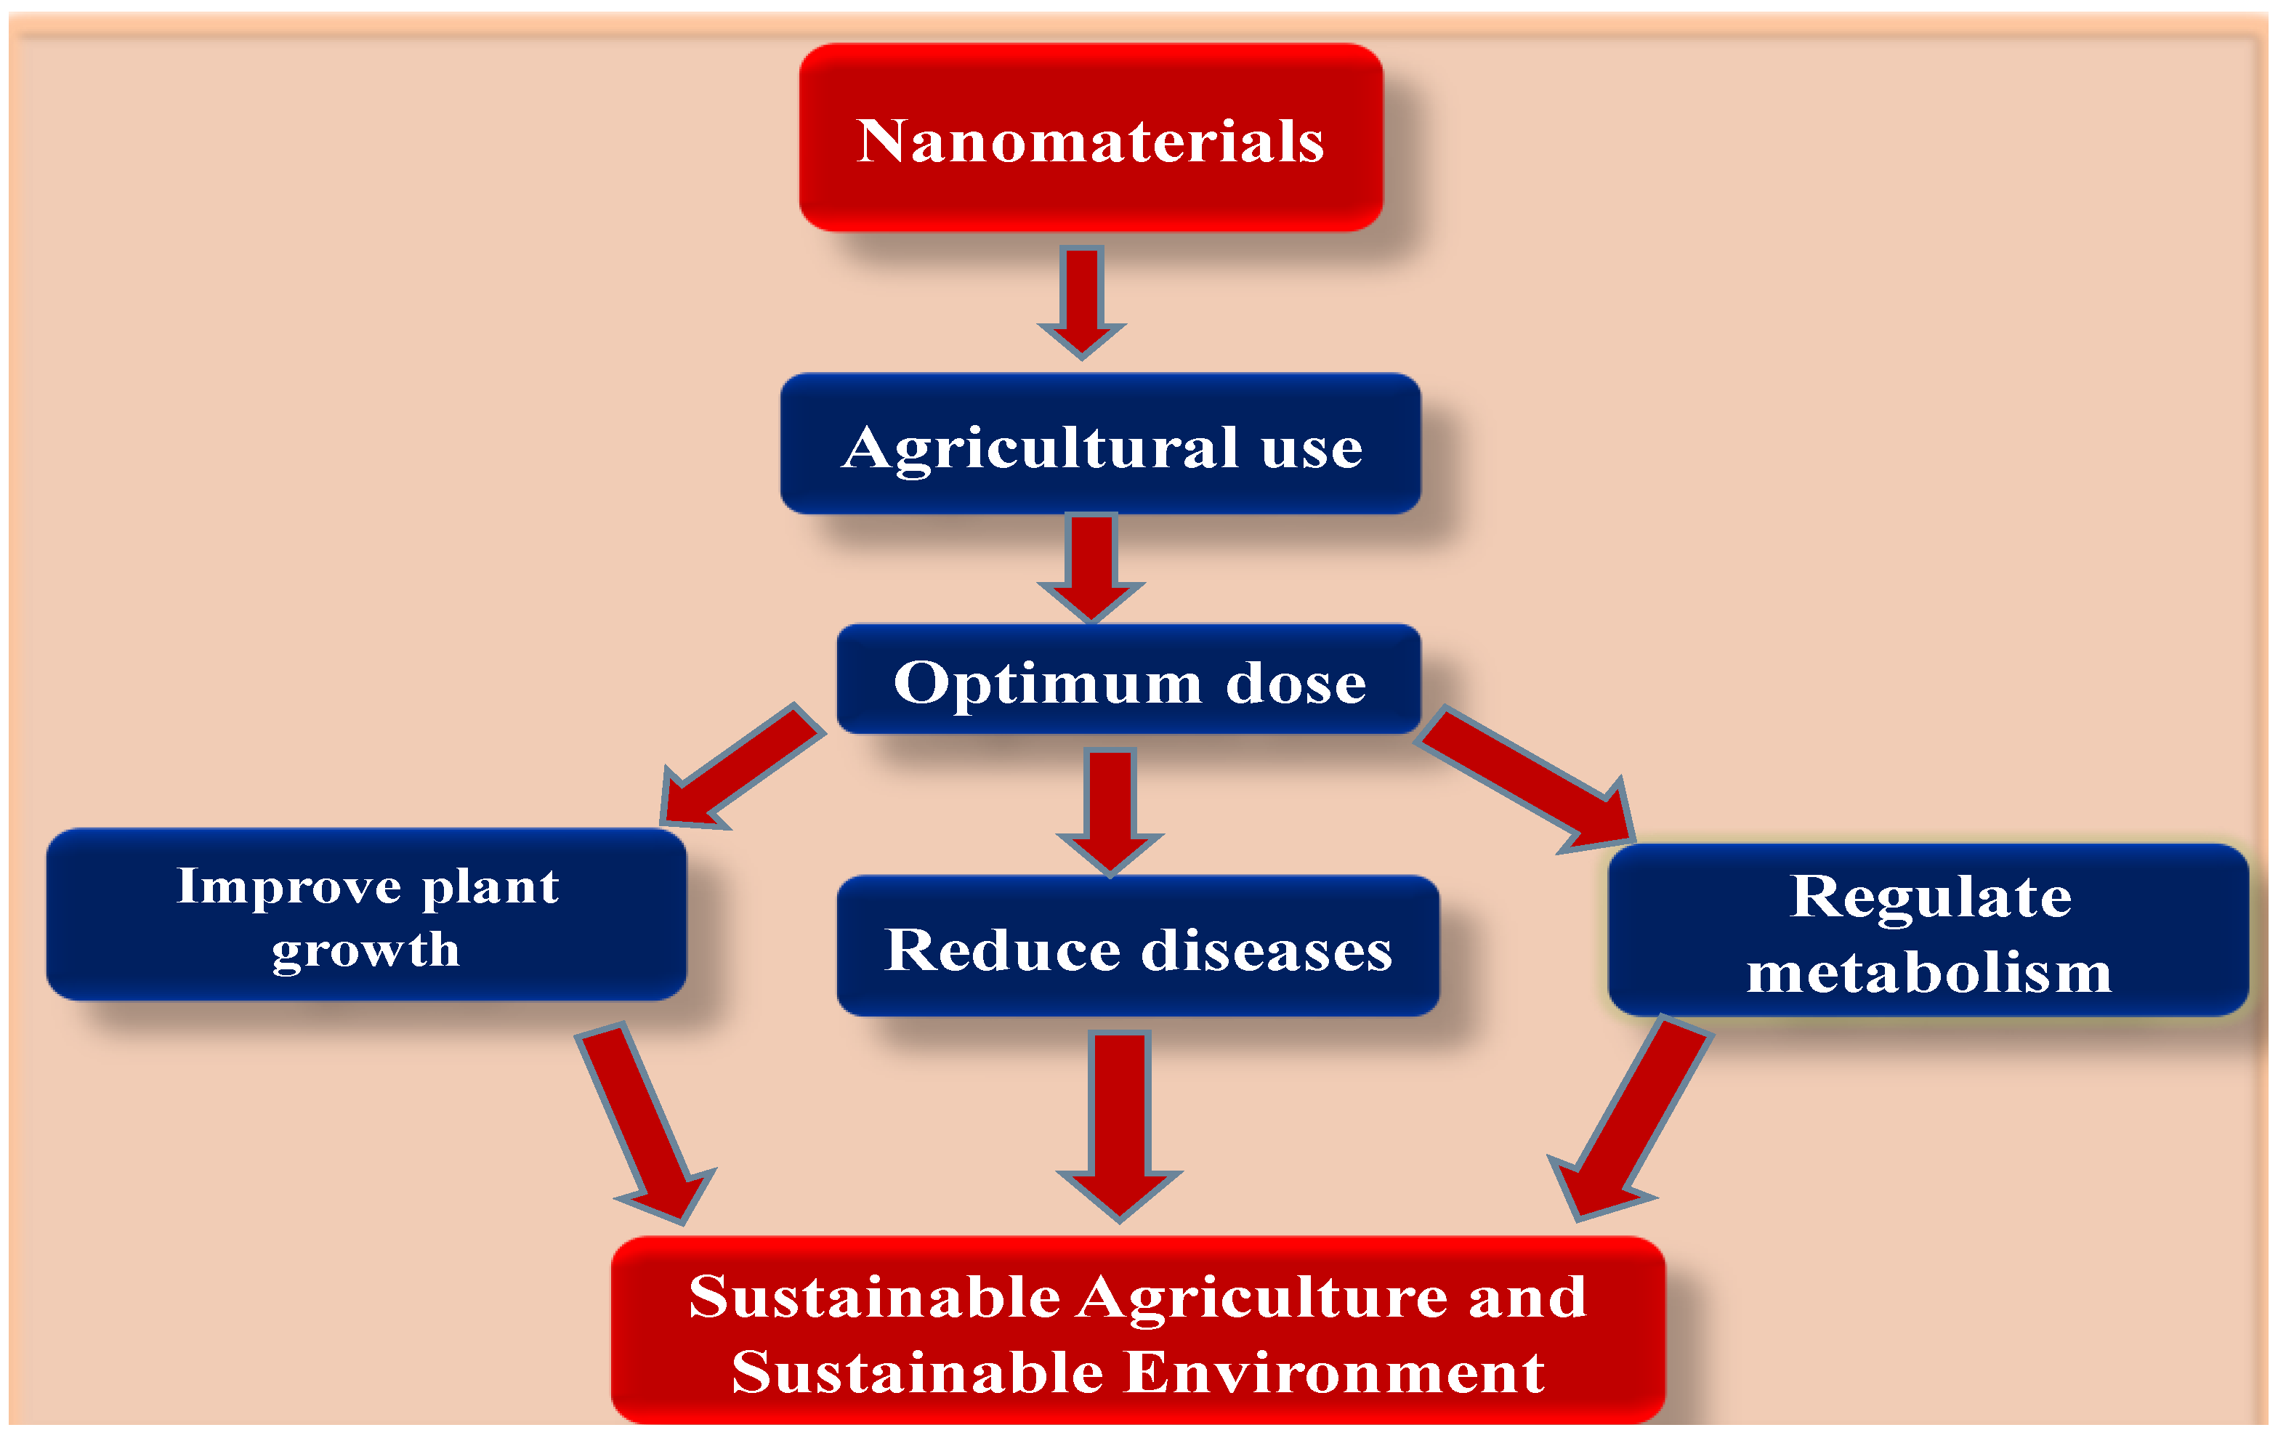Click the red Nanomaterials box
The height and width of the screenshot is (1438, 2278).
[1091, 137]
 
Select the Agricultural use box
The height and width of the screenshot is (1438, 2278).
[1100, 444]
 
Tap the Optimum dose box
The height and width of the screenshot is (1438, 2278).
[1128, 679]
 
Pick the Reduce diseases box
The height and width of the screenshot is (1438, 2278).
[1138, 946]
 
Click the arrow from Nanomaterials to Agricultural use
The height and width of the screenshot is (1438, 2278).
[1081, 298]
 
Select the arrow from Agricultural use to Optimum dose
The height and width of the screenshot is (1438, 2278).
[1091, 564]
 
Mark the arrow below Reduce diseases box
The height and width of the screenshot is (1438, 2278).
[1119, 1121]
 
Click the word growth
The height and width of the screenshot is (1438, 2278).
[365, 949]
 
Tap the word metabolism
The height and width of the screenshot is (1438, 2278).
[1929, 972]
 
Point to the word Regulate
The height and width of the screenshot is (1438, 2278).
[1931, 896]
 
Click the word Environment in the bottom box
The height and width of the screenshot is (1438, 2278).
[1336, 1373]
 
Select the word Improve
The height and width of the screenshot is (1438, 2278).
[288, 886]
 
